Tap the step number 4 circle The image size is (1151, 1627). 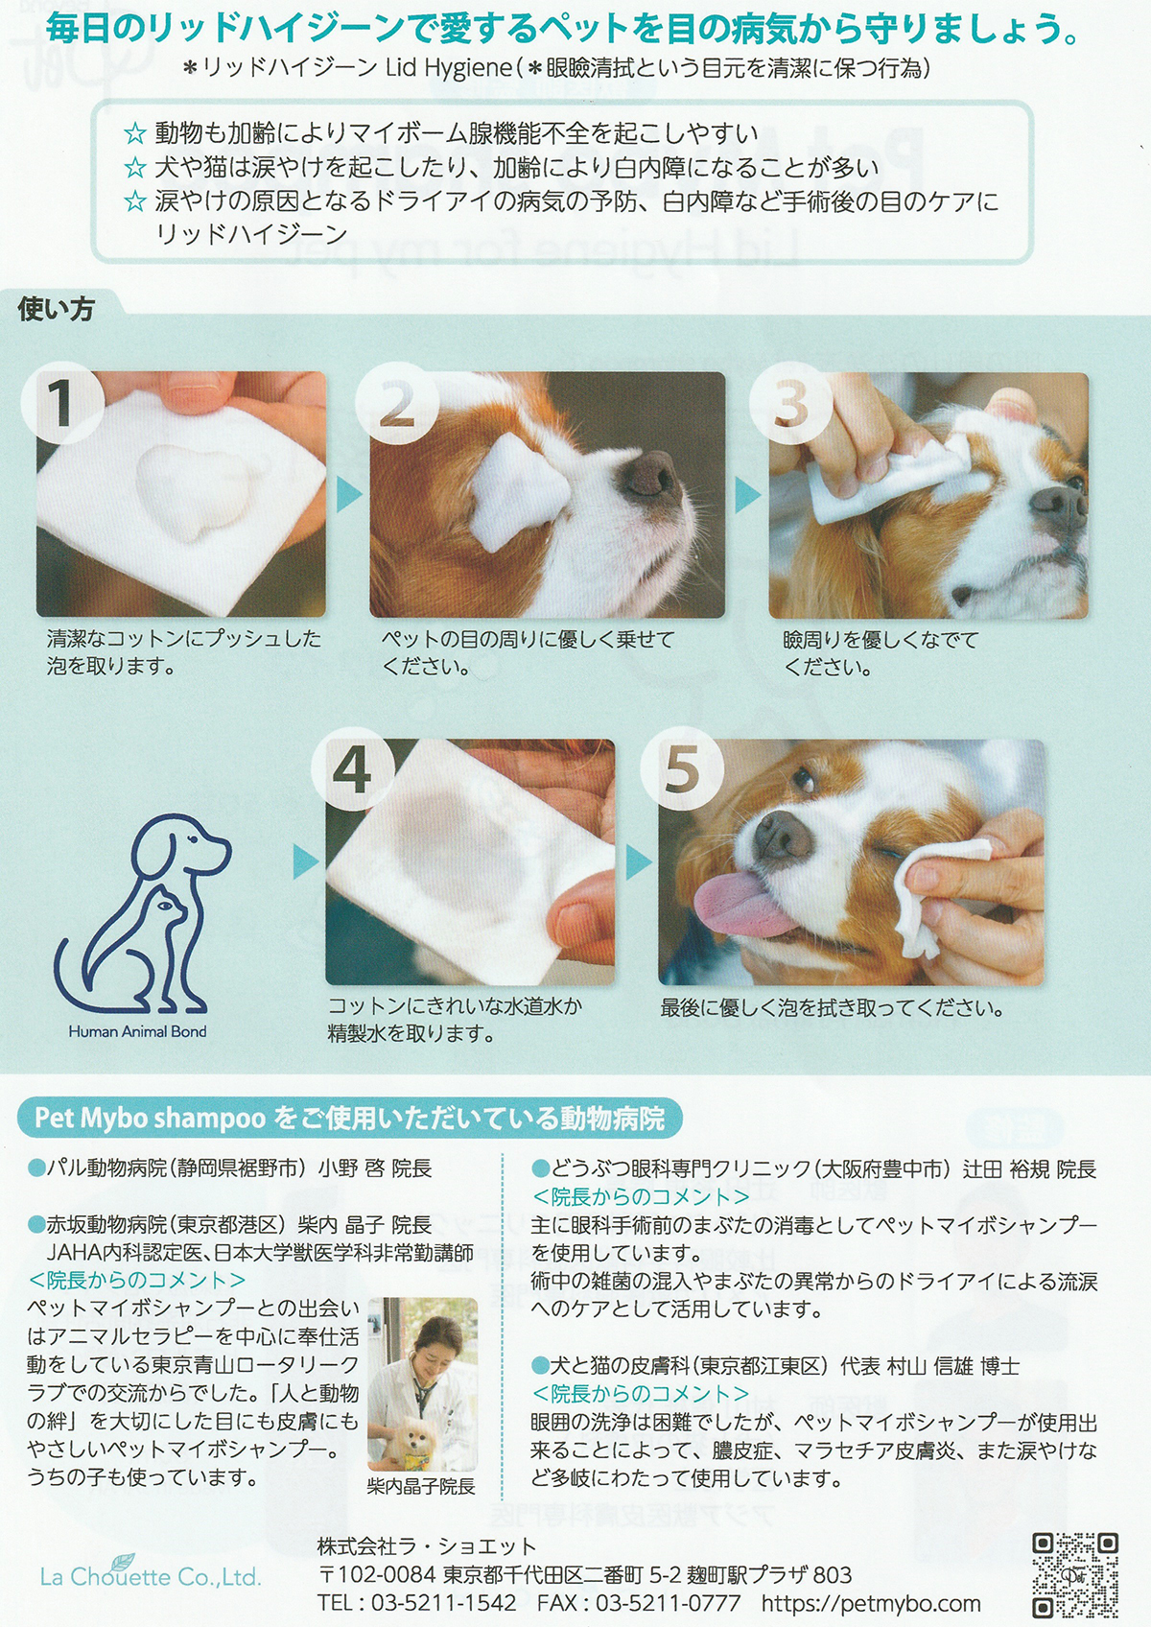point(353,770)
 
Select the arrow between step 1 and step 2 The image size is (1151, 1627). point(348,495)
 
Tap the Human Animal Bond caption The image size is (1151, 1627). point(137,1031)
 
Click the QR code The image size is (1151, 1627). point(1075,1574)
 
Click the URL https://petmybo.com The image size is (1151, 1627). point(871,1603)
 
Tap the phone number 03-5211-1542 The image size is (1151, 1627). point(444,1603)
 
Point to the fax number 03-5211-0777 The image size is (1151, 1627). point(669,1603)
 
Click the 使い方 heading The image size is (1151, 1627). point(56,310)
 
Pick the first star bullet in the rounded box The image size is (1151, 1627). point(135,134)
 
